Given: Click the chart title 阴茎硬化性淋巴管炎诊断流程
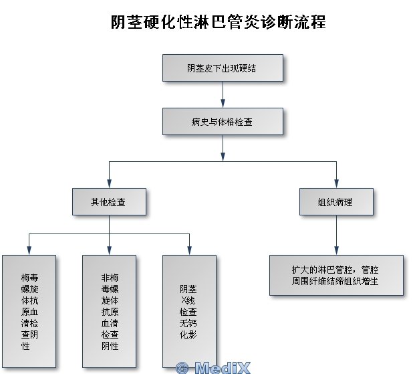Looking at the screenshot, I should coord(218,22).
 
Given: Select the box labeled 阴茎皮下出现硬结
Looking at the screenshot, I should coord(223,68).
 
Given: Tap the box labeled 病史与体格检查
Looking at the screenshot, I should coord(223,122).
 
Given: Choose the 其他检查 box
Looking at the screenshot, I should coord(109,201).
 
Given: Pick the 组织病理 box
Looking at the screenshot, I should coord(336,201).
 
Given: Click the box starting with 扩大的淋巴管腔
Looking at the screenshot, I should coord(336,275).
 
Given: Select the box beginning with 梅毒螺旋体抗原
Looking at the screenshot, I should coord(29,311).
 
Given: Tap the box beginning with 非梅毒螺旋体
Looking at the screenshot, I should coord(109,311).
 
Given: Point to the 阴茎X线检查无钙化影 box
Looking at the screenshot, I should coord(189,311).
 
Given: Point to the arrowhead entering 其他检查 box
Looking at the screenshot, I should coord(109,184).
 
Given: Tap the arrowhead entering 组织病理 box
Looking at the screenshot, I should coord(336,184).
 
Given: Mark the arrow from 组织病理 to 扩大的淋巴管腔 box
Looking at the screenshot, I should coord(336,234).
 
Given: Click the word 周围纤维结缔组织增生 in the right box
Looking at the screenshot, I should coord(335,282).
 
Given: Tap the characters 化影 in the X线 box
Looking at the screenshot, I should coord(188,333).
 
